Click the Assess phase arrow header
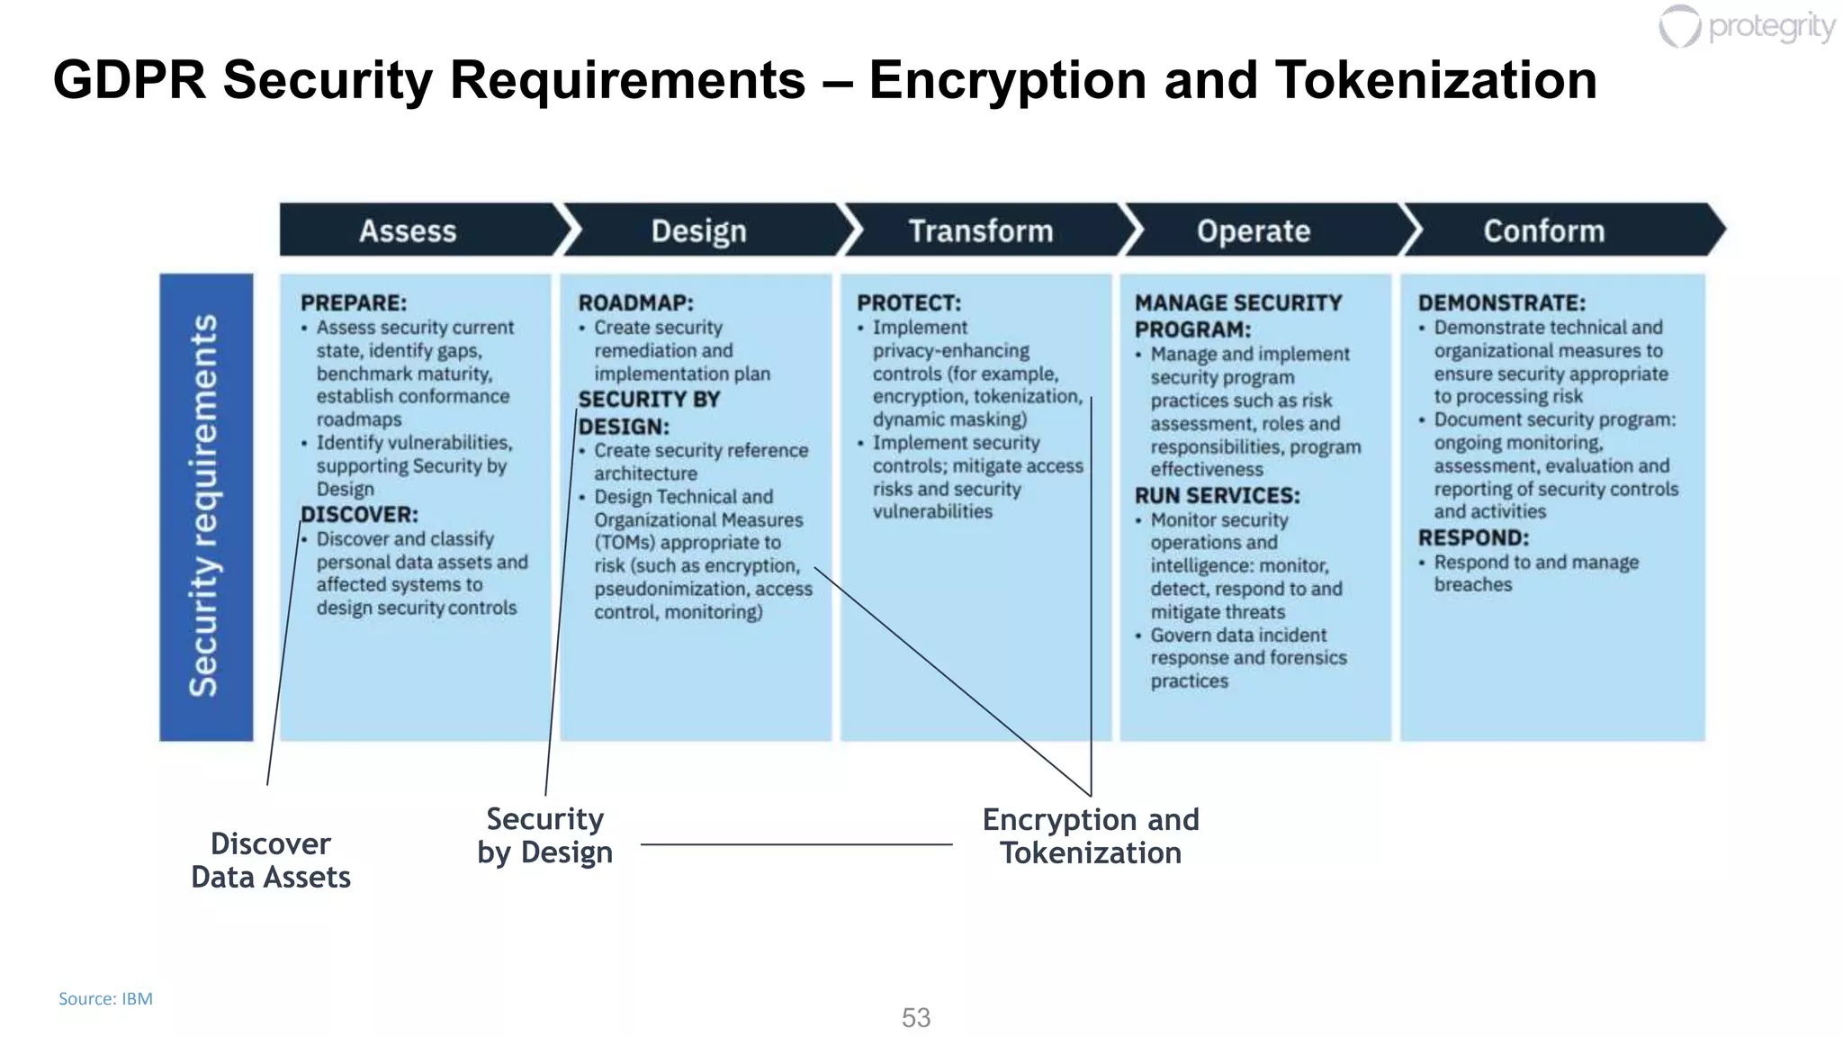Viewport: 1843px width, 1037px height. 409,231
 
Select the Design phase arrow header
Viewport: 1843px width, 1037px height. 699,231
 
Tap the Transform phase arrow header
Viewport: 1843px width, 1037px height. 981,231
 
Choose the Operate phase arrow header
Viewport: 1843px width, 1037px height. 1254,231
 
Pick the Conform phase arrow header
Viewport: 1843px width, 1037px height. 1544,231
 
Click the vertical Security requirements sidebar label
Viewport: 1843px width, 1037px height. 205,507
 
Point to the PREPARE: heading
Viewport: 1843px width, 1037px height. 354,303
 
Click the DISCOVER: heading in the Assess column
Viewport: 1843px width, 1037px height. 360,515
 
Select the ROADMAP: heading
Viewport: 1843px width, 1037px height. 636,303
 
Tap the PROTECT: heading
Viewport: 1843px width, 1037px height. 909,303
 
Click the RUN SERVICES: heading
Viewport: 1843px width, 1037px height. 1218,496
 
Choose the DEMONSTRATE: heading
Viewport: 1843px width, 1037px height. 1502,303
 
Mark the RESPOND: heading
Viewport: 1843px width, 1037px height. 1474,538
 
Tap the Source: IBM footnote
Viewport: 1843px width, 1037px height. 105,999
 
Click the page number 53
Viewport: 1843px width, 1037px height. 916,1018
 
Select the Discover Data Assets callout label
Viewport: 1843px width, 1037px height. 271,861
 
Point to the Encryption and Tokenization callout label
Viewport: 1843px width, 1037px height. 1091,836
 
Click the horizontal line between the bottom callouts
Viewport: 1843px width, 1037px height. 796,844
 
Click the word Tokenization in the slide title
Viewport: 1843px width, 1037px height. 1435,81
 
